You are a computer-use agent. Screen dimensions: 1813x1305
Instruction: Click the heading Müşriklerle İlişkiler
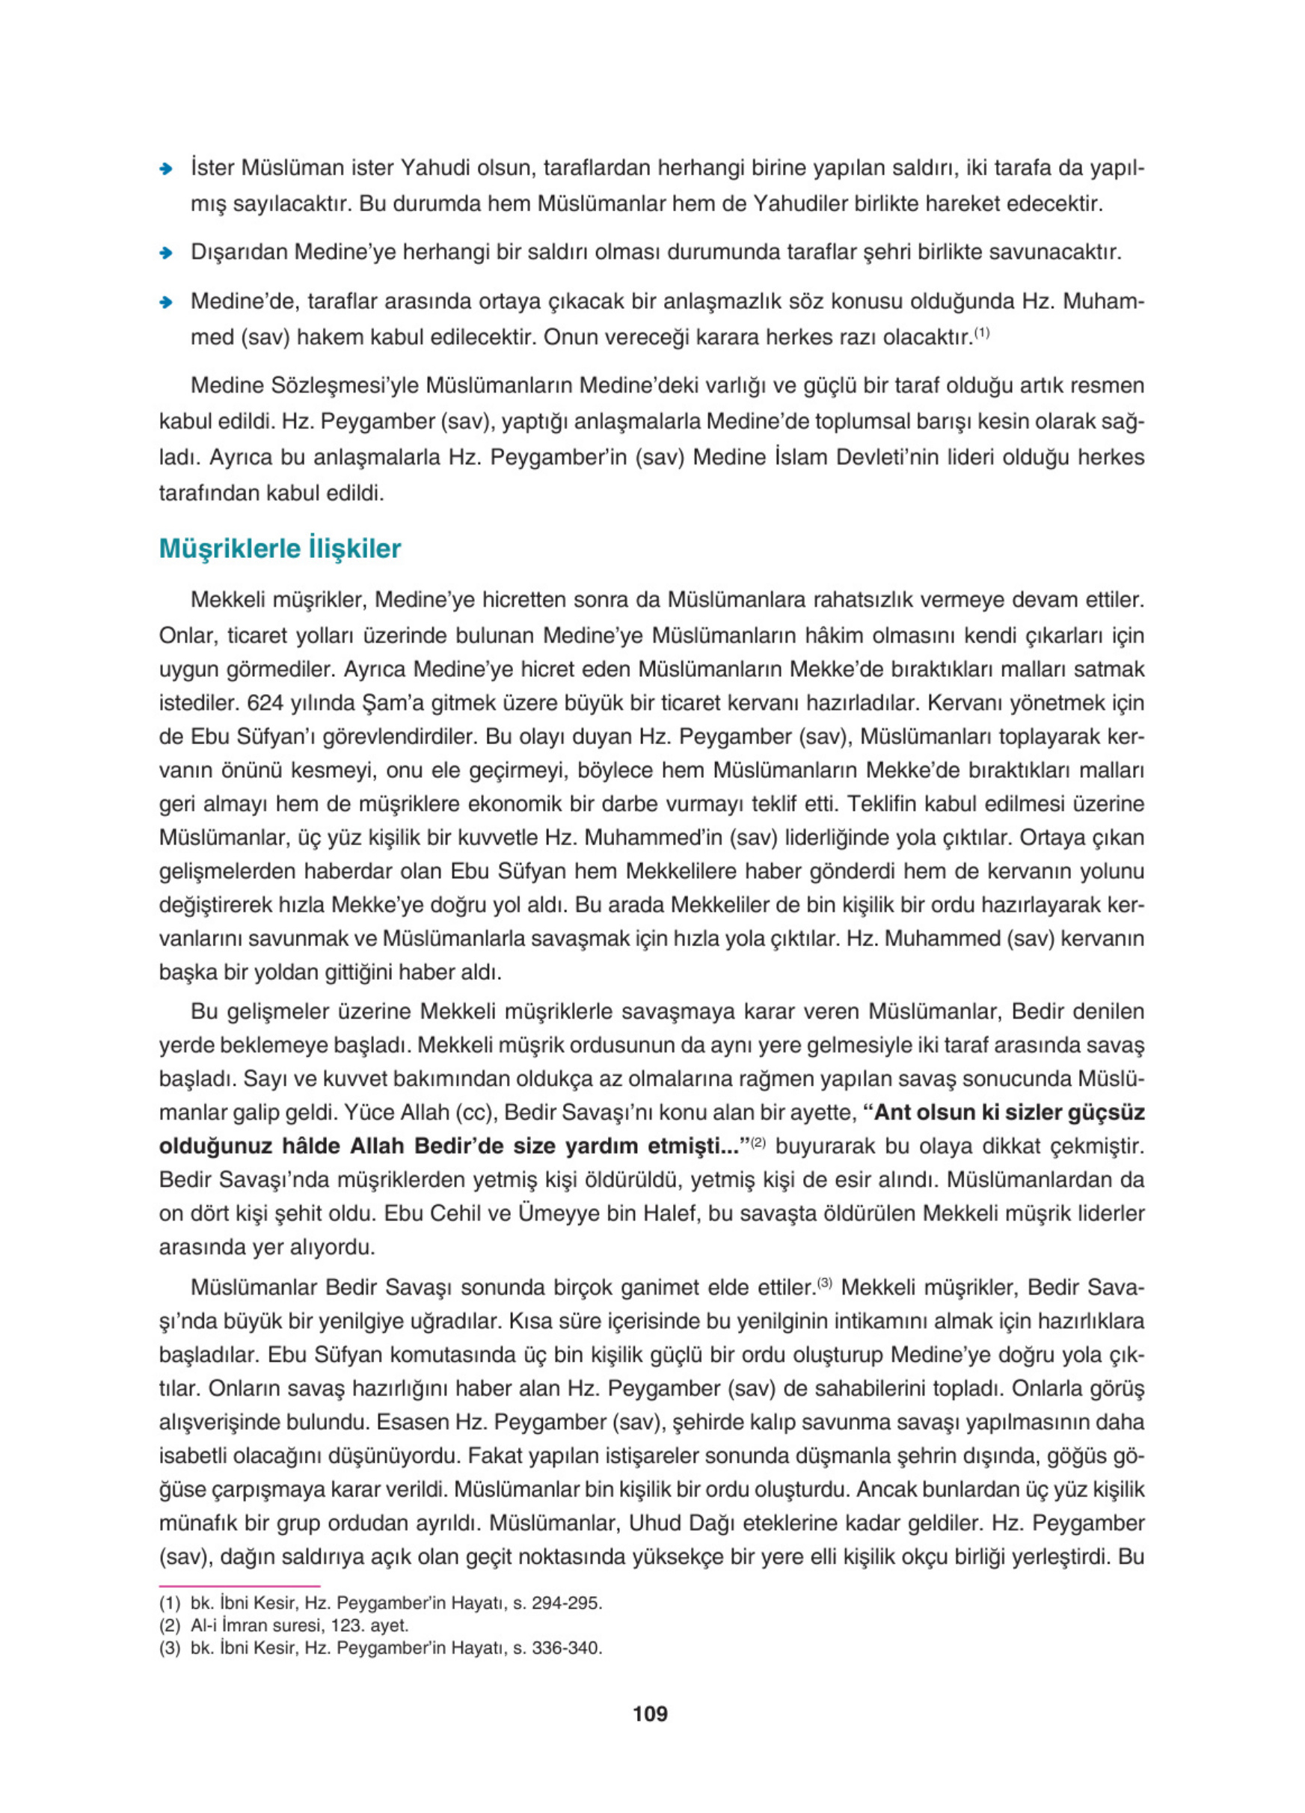point(280,549)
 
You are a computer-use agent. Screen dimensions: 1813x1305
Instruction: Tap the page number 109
point(650,1713)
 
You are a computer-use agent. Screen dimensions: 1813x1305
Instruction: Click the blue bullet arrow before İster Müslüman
point(166,169)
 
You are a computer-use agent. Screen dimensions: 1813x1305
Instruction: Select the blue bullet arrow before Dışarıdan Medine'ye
point(166,254)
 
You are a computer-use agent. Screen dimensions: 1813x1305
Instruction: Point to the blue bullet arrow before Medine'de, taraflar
point(166,302)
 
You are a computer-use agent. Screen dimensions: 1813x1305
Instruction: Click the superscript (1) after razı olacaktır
point(982,333)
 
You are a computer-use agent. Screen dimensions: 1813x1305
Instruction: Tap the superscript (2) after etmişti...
point(758,1142)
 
